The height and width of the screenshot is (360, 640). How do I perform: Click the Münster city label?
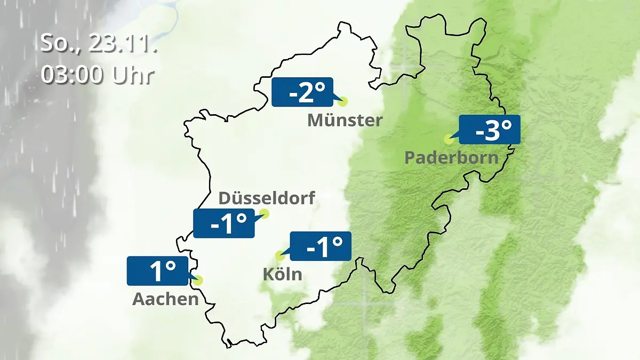click(x=345, y=121)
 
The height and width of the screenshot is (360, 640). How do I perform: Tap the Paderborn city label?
click(x=451, y=158)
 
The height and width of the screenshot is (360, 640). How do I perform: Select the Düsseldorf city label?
click(x=267, y=198)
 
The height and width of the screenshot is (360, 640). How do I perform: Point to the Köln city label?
click(x=282, y=274)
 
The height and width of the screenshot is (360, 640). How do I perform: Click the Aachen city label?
click(x=165, y=299)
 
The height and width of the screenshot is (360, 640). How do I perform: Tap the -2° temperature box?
click(x=302, y=92)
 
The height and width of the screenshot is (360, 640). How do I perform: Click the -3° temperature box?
click(x=489, y=130)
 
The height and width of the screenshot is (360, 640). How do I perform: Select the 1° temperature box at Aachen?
click(x=157, y=271)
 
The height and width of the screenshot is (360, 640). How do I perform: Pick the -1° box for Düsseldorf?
click(x=224, y=223)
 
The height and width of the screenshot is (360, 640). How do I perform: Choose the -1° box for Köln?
click(x=320, y=246)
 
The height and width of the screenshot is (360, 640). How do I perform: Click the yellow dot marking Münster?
click(x=343, y=101)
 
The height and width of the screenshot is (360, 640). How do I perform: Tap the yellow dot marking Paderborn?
click(x=449, y=139)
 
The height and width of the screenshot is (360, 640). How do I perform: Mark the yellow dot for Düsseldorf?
click(x=264, y=214)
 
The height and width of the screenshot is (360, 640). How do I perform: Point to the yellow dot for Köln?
click(x=278, y=255)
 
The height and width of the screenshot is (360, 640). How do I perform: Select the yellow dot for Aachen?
click(x=199, y=280)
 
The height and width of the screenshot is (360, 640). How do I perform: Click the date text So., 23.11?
click(x=99, y=43)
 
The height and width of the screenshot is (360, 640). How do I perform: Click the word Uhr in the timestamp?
click(x=133, y=75)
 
